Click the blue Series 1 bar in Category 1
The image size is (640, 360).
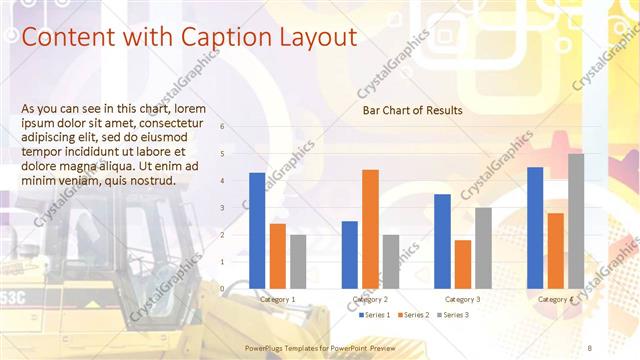tap(257, 231)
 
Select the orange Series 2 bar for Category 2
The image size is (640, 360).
tap(370, 229)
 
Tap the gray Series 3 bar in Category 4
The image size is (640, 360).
tap(576, 221)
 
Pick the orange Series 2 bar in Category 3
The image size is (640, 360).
tap(463, 264)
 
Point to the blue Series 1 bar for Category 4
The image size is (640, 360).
tap(535, 228)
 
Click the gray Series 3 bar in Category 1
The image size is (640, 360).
tap(298, 261)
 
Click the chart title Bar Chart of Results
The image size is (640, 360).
tap(412, 110)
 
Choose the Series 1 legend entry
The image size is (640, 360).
tap(376, 315)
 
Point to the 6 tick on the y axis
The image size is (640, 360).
tap(236, 127)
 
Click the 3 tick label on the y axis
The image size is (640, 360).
tap(236, 208)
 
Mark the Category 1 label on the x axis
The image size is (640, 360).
tap(277, 299)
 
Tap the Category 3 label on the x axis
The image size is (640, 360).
tap(462, 299)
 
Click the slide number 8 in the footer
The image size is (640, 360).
tap(590, 347)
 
